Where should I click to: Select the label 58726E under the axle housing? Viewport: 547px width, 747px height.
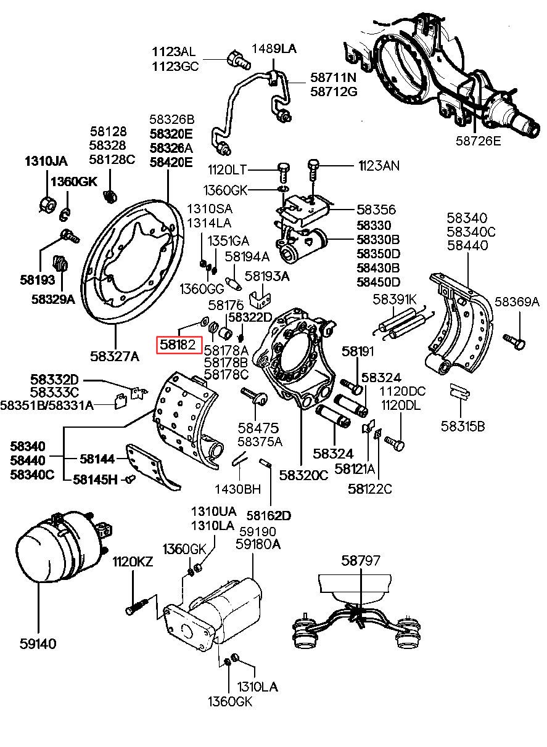pyautogui.click(x=479, y=141)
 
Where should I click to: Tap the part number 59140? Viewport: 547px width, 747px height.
pyautogui.click(x=37, y=643)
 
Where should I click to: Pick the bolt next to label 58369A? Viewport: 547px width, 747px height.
pyautogui.click(x=515, y=340)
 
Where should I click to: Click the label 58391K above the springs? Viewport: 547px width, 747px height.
pyautogui.click(x=395, y=300)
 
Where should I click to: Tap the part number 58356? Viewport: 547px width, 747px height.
pyautogui.click(x=376, y=210)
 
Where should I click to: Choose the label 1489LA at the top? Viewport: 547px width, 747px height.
pyautogui.click(x=274, y=49)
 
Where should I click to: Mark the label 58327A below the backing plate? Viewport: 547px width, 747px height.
pyautogui.click(x=115, y=356)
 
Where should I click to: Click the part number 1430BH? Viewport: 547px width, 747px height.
pyautogui.click(x=237, y=489)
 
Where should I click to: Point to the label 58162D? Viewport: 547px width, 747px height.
pyautogui.click(x=269, y=515)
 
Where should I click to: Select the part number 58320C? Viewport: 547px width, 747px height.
pyautogui.click(x=303, y=475)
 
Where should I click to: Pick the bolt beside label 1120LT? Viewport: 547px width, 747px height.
pyautogui.click(x=283, y=169)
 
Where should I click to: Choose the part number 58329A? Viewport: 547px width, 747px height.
pyautogui.click(x=53, y=299)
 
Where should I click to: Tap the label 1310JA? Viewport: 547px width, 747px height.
pyautogui.click(x=46, y=161)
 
